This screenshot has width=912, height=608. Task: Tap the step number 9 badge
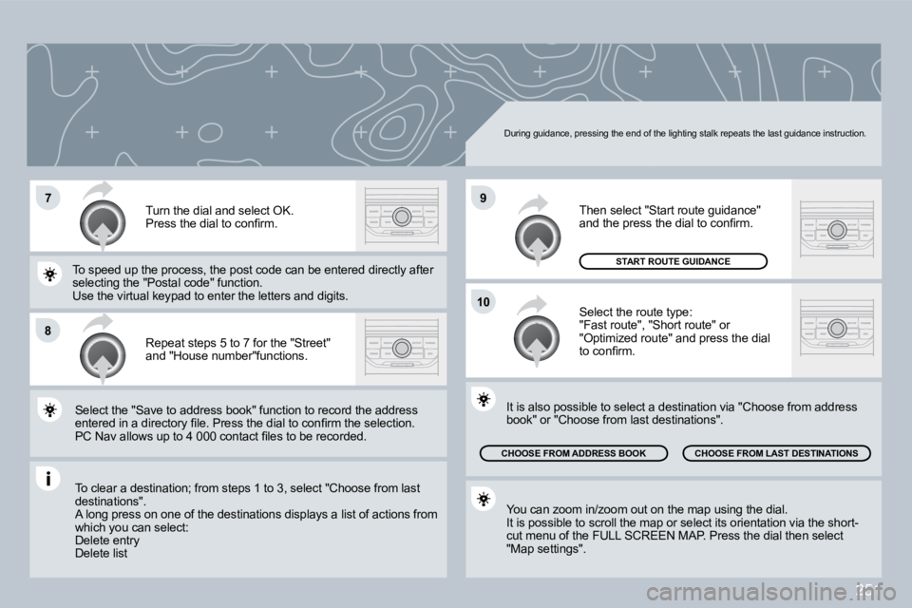pyautogui.click(x=483, y=198)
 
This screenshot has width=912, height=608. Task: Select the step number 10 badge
pyautogui.click(x=483, y=302)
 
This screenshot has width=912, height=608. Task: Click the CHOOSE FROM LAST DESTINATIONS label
pyautogui.click(x=776, y=453)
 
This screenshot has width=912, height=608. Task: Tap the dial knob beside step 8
pyautogui.click(x=102, y=354)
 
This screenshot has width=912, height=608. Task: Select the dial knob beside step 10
pyautogui.click(x=537, y=339)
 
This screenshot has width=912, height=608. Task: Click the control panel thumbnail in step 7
pyautogui.click(x=401, y=215)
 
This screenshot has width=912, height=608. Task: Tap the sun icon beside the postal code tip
pyautogui.click(x=49, y=274)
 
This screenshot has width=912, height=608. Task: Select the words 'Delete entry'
pyautogui.click(x=106, y=540)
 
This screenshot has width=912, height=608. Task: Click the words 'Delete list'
pyautogui.click(x=101, y=552)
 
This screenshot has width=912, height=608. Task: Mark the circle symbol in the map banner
pyautogui.click(x=212, y=130)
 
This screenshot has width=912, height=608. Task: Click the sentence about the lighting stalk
pyautogui.click(x=684, y=134)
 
